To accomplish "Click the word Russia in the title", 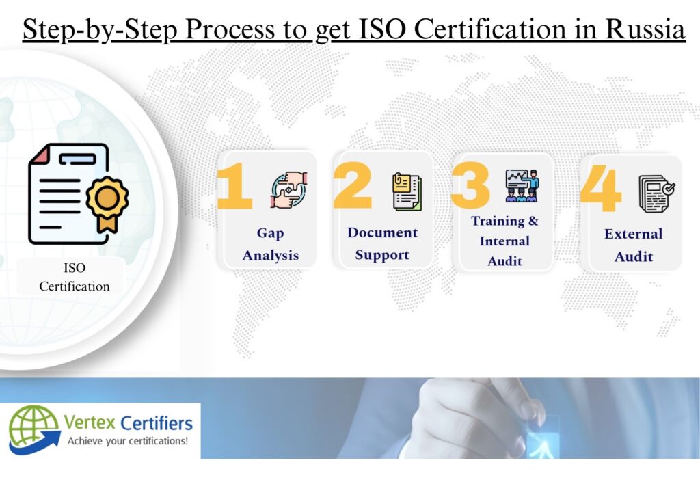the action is [x=645, y=29].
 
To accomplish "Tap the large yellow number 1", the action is [x=234, y=186].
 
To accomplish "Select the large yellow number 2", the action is [x=353, y=185].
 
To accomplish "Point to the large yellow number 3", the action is [x=470, y=185].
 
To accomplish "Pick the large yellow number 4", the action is [x=601, y=188].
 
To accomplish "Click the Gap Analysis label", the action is [x=271, y=244].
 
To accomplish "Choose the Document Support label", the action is [x=383, y=243].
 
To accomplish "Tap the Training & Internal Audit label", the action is [x=504, y=241].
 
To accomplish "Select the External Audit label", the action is [x=634, y=245].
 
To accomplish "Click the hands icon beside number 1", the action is [x=289, y=189].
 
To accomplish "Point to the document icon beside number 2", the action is [x=407, y=191].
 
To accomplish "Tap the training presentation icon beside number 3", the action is [x=522, y=186].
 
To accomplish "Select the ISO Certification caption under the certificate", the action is [x=74, y=277].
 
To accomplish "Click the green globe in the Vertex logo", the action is [x=33, y=427].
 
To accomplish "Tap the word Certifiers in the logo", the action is [x=157, y=423].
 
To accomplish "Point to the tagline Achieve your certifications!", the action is [x=128, y=441].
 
